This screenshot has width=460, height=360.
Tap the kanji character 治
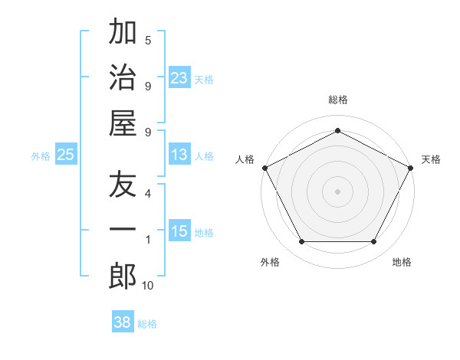coord(123,77)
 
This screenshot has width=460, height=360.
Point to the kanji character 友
coord(123,185)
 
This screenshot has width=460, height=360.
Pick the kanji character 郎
coord(123,277)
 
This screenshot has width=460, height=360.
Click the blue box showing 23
coord(179,77)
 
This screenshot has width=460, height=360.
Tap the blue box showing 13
coord(179,155)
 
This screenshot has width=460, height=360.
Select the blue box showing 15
coord(179,231)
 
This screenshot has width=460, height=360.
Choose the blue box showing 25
coord(66,155)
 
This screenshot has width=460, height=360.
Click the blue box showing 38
coord(123,322)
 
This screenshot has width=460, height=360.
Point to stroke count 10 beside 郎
coord(147,286)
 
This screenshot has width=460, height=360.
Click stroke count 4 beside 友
coord(148,194)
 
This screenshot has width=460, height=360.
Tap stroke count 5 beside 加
coord(148,41)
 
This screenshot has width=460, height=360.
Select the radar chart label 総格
coord(338,100)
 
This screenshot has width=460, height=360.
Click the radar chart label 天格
coord(431,159)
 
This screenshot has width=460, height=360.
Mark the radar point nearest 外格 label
coord(301,242)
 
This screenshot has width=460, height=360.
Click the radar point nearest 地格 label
coord(374,242)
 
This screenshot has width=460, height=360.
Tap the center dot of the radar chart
coord(338,191)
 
